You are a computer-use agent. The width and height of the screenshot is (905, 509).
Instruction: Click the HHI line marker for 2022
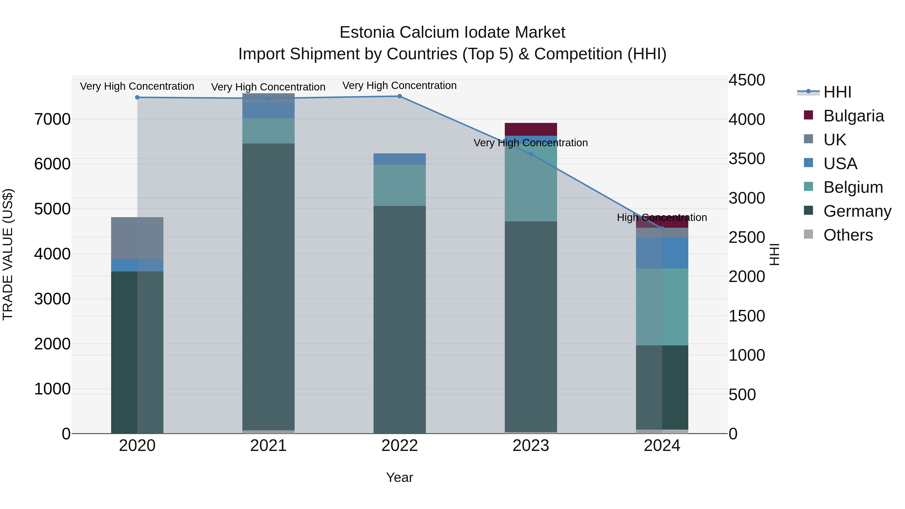click(399, 96)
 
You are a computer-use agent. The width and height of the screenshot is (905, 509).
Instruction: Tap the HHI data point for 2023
click(531, 154)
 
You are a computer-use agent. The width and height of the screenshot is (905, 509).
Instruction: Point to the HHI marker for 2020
click(137, 97)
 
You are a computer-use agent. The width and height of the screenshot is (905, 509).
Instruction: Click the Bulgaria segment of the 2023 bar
click(531, 129)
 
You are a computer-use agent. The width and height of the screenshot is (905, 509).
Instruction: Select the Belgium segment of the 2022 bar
click(399, 185)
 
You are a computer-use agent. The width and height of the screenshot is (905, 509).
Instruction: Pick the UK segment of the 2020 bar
click(137, 238)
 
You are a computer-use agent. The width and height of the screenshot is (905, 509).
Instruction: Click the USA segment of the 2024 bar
click(662, 253)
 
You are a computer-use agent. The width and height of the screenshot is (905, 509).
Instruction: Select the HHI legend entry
click(837, 92)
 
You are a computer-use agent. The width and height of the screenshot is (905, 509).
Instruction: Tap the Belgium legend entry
click(853, 187)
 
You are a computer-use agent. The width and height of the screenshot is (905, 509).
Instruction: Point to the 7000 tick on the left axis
click(52, 119)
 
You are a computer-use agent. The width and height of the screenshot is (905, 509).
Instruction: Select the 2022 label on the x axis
click(399, 446)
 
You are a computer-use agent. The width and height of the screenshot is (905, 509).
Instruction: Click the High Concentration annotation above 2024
click(662, 217)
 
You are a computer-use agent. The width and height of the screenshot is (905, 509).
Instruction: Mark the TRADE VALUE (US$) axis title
click(8, 254)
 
